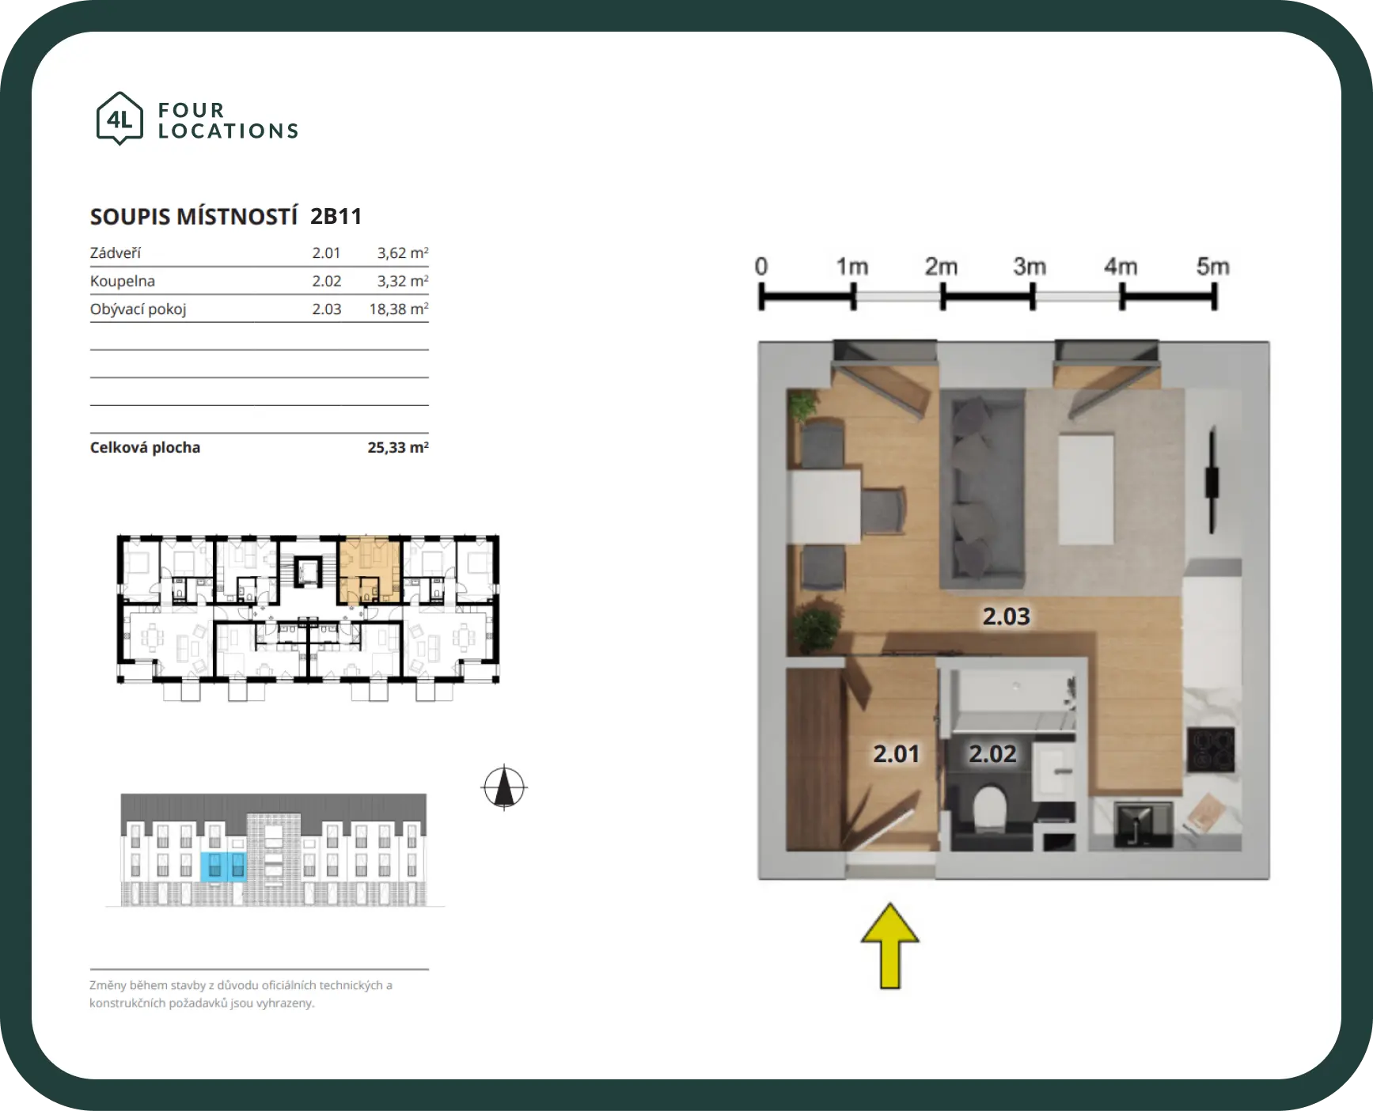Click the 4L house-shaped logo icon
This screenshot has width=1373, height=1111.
119,119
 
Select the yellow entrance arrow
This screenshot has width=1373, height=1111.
890,946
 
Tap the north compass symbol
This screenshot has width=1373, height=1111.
504,788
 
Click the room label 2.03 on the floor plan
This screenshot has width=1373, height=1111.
1007,616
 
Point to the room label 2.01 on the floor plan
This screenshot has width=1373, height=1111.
897,754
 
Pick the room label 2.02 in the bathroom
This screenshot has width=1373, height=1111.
993,754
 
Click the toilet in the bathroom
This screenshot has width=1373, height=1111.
989,808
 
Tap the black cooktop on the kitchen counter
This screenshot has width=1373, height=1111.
1211,749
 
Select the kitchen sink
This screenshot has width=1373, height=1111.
1144,825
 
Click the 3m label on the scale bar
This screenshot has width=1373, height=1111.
1030,267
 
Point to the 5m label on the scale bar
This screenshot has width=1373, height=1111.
1213,267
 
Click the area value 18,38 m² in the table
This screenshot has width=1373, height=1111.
399,309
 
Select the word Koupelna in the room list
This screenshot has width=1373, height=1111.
123,281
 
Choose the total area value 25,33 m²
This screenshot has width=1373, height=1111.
398,447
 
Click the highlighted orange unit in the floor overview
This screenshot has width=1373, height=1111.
369,571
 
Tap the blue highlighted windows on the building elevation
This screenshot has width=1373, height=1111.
223,867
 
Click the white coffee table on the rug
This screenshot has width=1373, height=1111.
1086,487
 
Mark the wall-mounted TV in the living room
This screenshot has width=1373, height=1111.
1212,481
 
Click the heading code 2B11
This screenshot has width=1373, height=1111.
336,217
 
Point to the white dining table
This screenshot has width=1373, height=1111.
824,506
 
